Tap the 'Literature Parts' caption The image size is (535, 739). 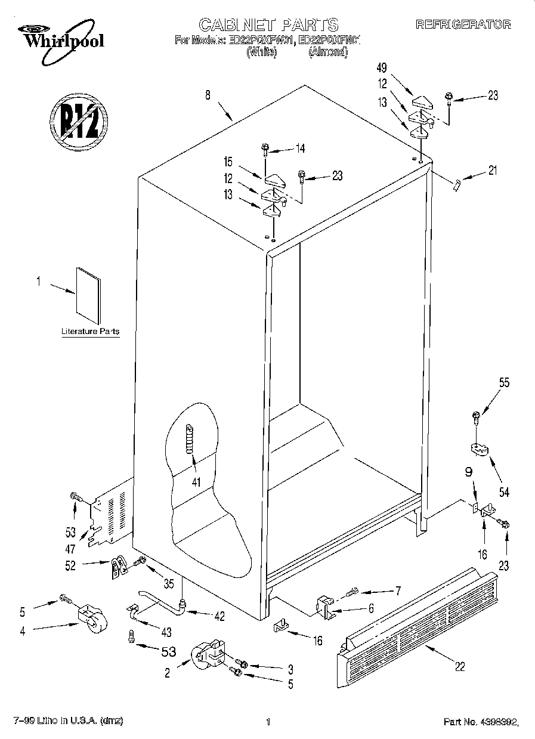click(90, 331)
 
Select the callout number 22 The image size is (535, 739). click(460, 666)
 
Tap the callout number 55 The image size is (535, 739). click(505, 384)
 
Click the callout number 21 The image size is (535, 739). click(492, 171)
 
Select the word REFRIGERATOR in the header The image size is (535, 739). click(463, 24)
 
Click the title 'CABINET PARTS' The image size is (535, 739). click(268, 24)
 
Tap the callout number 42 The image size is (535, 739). click(219, 616)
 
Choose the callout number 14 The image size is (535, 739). click(299, 149)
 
